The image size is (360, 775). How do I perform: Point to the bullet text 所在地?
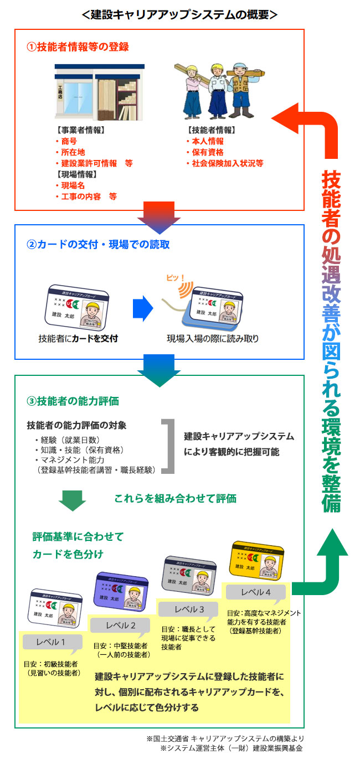click(73, 152)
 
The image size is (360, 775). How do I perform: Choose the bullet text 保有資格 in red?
click(208, 152)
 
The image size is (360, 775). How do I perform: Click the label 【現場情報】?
click(77, 174)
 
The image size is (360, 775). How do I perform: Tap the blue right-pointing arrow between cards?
click(143, 308)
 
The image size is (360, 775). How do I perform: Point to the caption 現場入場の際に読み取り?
click(213, 338)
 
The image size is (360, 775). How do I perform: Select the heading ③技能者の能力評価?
click(73, 400)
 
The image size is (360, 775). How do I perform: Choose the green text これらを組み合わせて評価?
click(175, 498)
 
